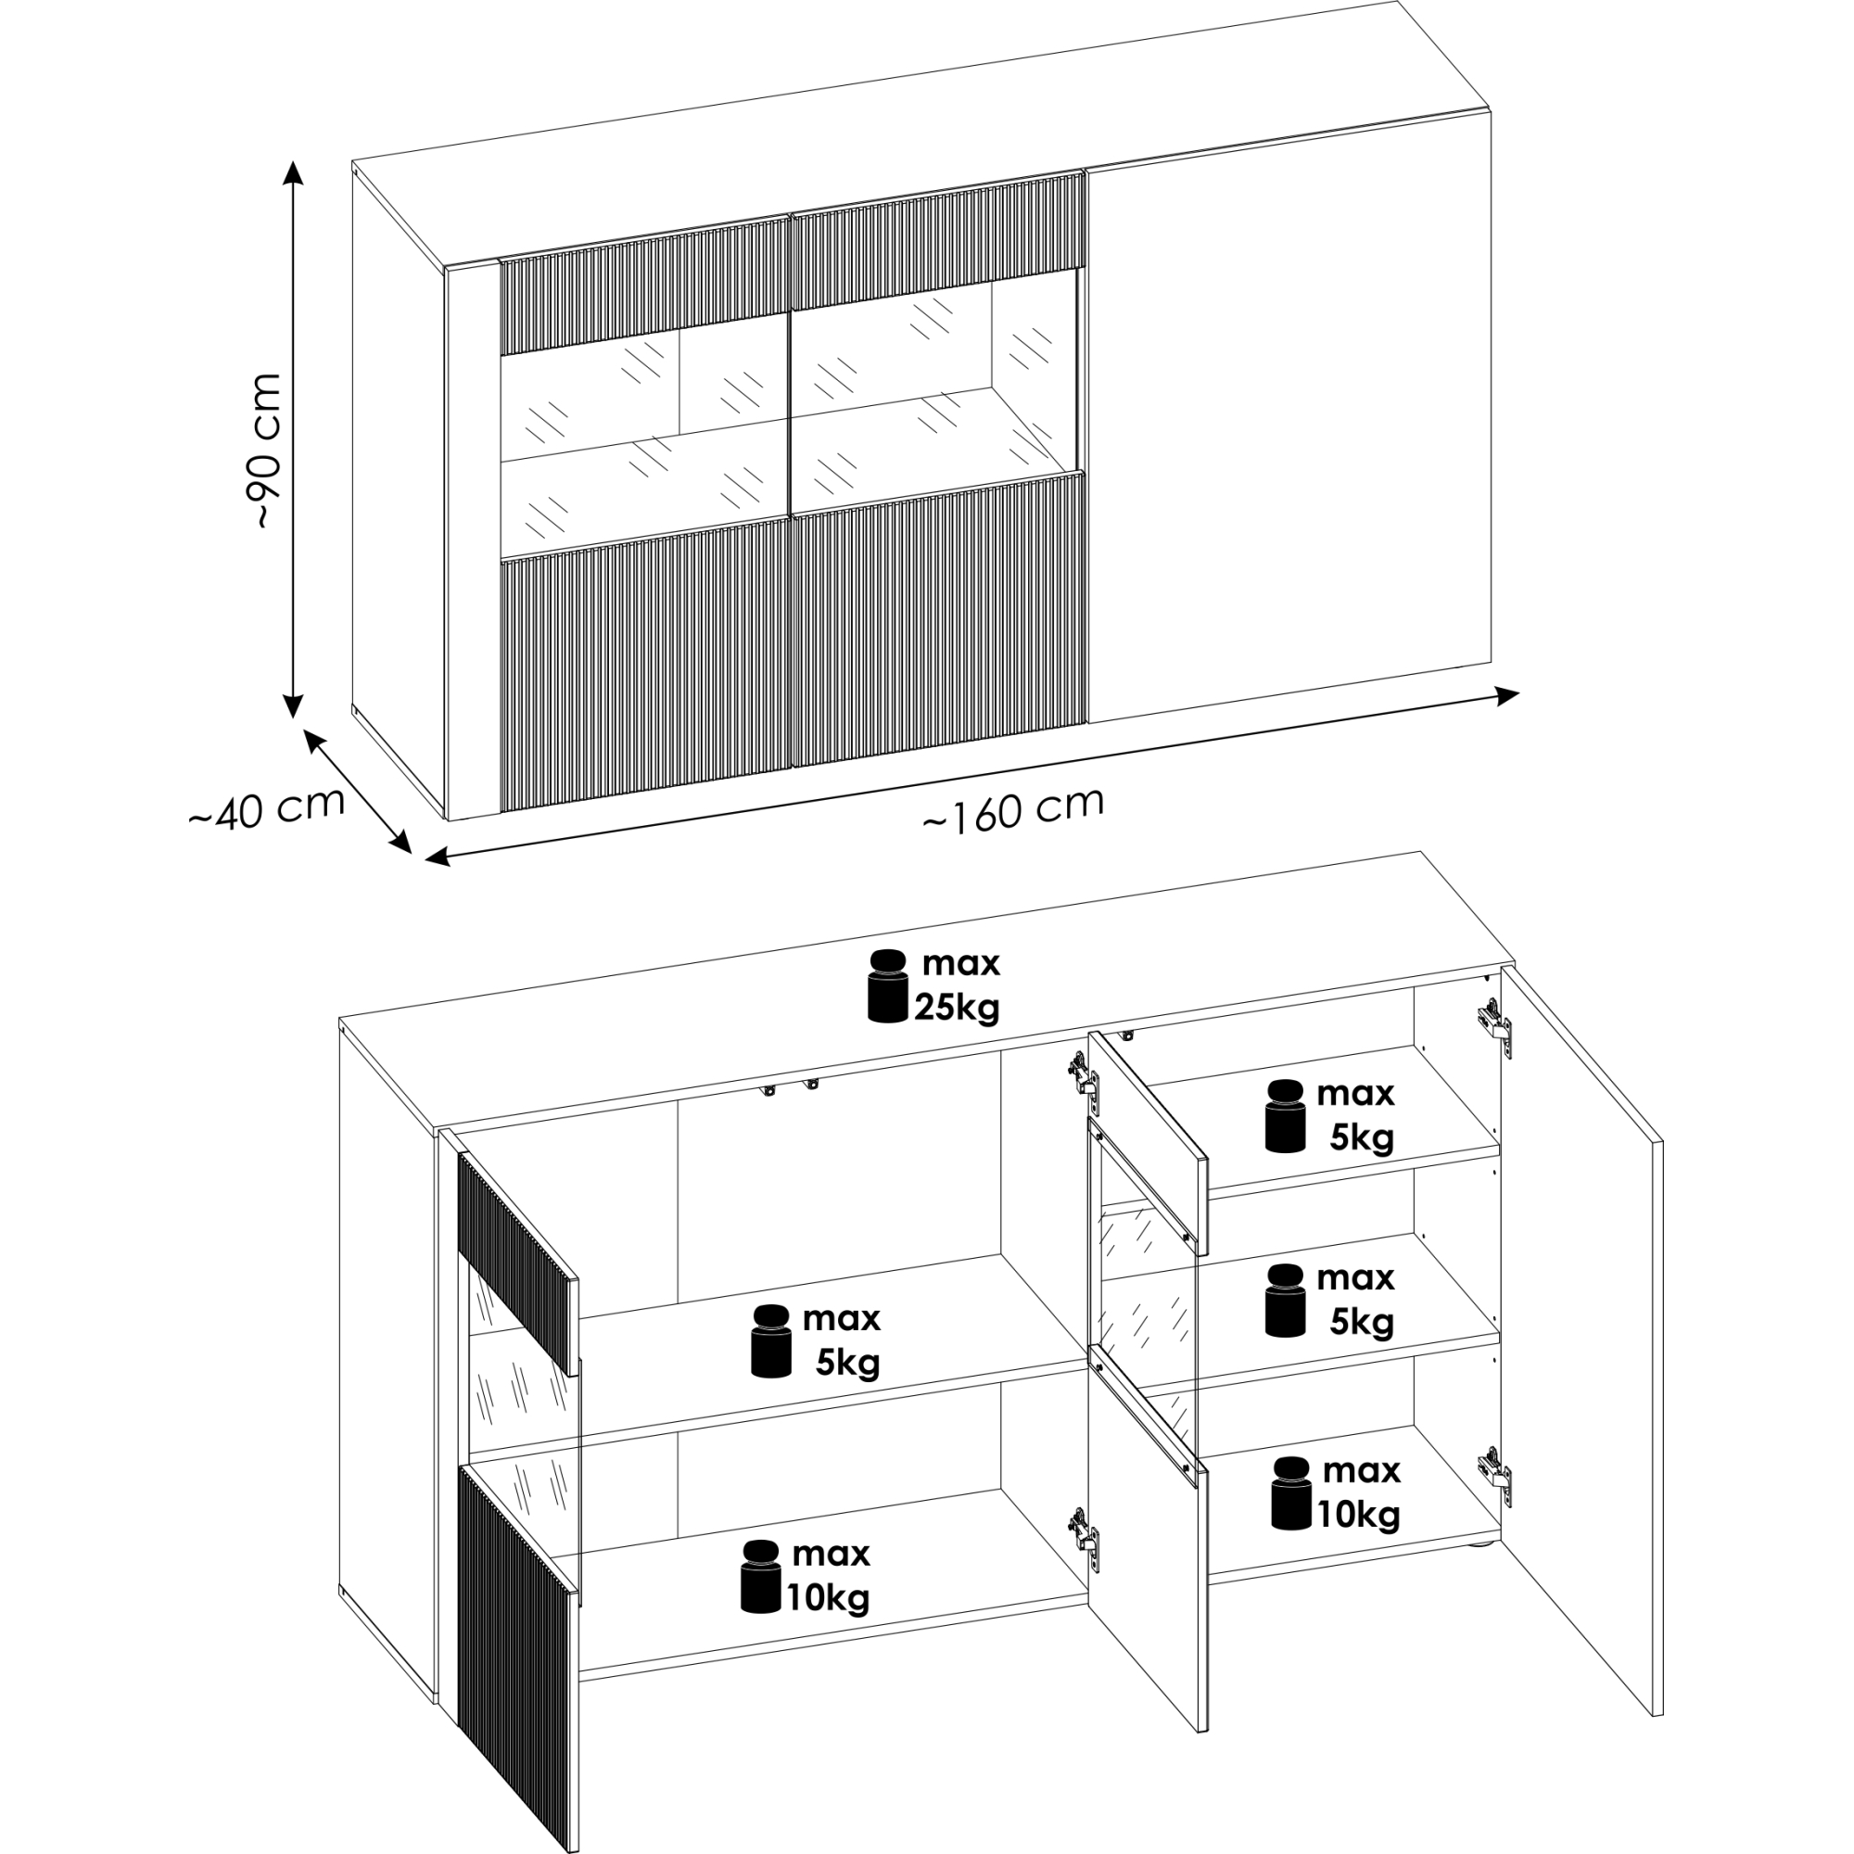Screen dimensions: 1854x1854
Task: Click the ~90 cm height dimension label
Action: (x=264, y=451)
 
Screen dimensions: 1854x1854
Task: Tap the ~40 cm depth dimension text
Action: (x=266, y=808)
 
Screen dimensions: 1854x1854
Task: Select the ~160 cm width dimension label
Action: (x=1013, y=809)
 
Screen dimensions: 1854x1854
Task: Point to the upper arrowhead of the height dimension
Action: (x=293, y=172)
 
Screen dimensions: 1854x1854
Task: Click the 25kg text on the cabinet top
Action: (x=957, y=1008)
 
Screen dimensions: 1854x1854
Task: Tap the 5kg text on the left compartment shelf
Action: (x=847, y=1363)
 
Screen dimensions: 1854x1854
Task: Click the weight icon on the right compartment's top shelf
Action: (x=1285, y=1115)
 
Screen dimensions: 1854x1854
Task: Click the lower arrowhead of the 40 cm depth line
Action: (x=401, y=842)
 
